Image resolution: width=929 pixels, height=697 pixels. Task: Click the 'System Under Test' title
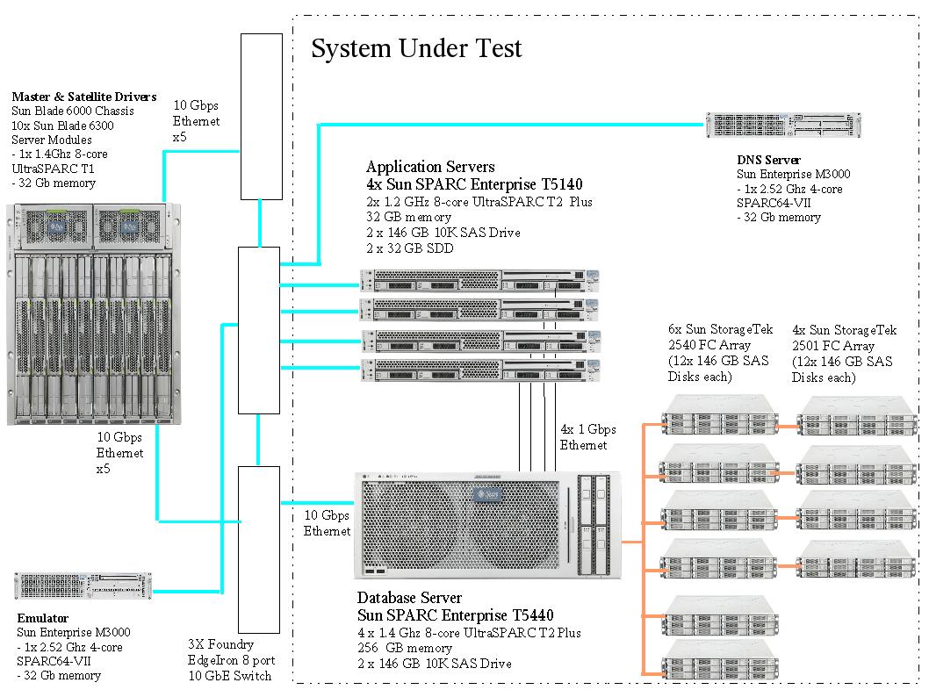(x=416, y=48)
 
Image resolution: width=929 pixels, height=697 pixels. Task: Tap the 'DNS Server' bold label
(x=768, y=160)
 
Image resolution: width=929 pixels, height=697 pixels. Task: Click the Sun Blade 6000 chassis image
(x=94, y=313)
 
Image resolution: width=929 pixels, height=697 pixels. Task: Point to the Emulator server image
(x=83, y=586)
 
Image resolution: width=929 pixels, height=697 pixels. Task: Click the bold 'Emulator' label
(x=43, y=618)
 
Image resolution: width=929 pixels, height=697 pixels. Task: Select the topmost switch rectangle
(x=262, y=116)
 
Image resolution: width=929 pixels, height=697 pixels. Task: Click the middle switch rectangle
(x=259, y=330)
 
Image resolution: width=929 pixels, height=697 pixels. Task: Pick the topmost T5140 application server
(x=480, y=279)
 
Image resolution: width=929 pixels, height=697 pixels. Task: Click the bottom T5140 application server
(x=480, y=369)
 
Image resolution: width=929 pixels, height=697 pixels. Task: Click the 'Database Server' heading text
(x=409, y=599)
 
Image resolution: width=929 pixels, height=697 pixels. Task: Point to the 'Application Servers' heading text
(x=430, y=167)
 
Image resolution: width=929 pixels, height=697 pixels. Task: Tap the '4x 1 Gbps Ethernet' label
(x=587, y=437)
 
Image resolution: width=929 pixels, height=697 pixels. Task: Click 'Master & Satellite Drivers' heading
(x=84, y=97)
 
